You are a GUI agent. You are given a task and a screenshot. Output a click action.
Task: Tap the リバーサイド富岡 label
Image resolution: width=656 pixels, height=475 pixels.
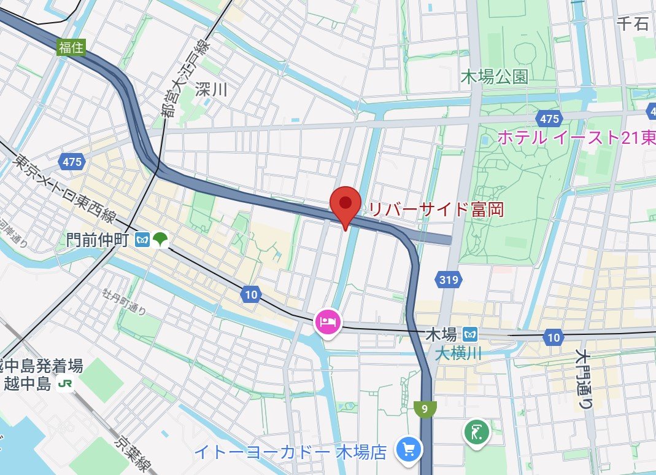click(436, 210)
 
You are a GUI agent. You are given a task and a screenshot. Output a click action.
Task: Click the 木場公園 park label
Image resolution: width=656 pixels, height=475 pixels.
click(495, 77)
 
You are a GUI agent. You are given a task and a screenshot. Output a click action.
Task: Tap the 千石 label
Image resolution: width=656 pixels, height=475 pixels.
click(633, 24)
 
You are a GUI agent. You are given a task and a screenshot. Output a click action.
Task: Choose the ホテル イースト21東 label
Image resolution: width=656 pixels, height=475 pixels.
click(576, 138)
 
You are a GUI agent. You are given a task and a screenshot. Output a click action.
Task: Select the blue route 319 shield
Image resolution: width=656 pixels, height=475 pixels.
click(449, 281)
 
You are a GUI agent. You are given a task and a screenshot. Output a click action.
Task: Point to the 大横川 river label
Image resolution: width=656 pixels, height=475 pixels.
click(458, 353)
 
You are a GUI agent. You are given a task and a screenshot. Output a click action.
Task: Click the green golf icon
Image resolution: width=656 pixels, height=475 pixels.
click(476, 433)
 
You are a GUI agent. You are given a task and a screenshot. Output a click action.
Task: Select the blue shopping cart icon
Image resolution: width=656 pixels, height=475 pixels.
click(407, 450)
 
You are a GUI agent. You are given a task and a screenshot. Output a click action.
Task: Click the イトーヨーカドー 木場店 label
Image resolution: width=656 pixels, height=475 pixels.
click(290, 453)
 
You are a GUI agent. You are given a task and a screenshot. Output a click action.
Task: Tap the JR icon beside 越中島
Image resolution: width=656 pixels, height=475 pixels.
click(63, 385)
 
